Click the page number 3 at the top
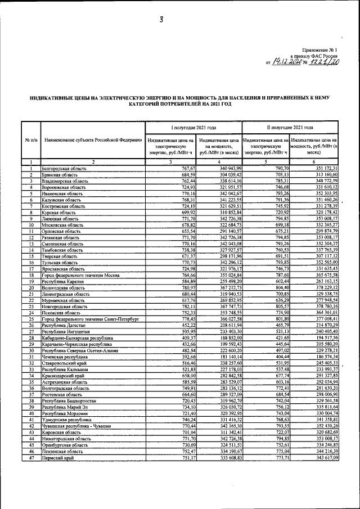(x=161, y=20)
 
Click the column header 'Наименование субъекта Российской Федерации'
(x=92, y=139)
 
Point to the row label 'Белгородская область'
(x=63, y=169)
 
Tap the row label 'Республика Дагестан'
(x=62, y=325)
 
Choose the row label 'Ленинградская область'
(x=65, y=294)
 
